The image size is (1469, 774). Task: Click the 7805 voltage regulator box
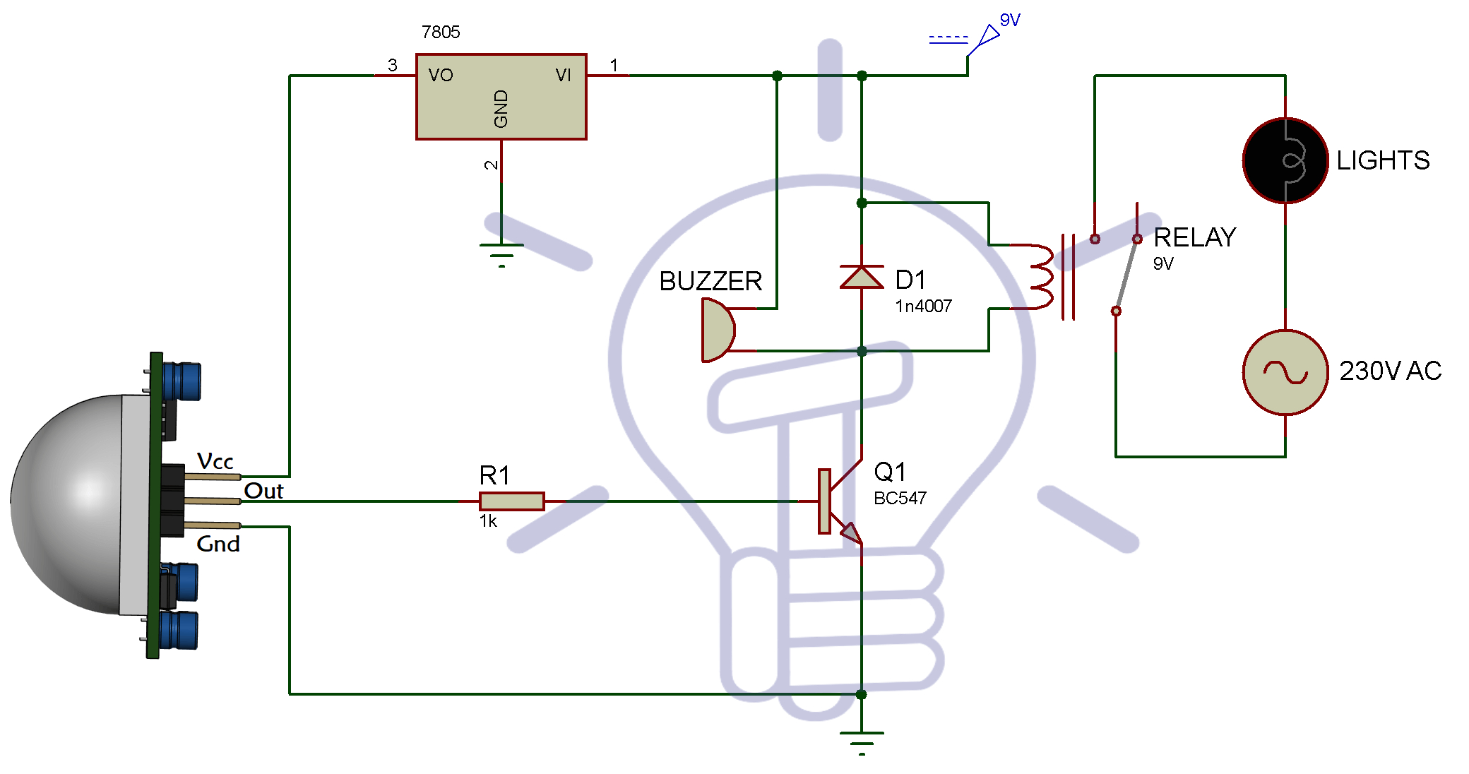(501, 97)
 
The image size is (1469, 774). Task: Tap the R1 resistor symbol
(511, 501)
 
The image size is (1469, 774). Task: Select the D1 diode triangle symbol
(862, 278)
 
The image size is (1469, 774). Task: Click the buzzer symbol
(717, 330)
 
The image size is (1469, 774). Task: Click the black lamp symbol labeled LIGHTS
(1285, 161)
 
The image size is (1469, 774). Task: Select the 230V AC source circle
(1285, 371)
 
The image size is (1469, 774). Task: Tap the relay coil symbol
(1041, 277)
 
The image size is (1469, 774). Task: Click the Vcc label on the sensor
(215, 461)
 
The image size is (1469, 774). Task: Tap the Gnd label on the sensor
(218, 544)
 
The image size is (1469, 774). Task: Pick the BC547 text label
(900, 499)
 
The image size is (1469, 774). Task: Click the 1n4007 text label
(923, 306)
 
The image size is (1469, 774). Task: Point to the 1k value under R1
(488, 521)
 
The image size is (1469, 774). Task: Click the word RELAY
(1194, 237)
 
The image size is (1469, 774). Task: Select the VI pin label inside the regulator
(563, 75)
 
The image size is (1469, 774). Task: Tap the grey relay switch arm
(1126, 275)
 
